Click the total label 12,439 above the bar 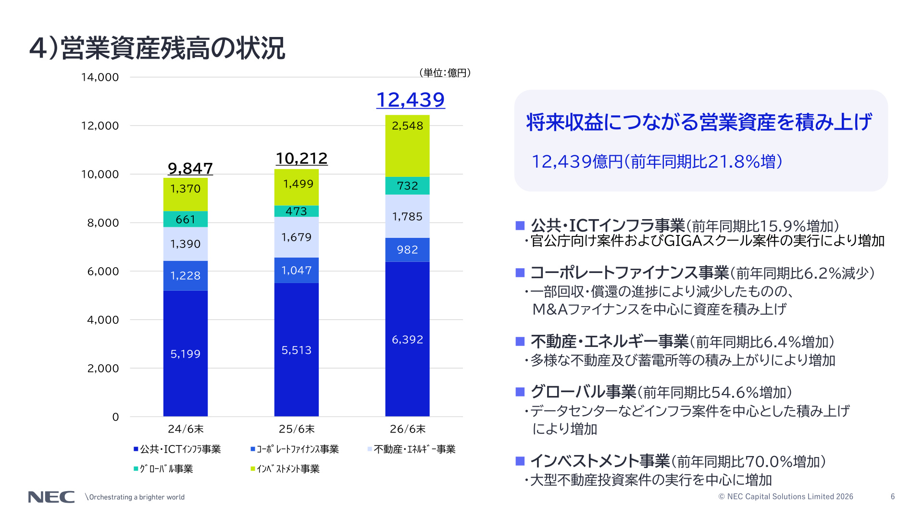pos(411,100)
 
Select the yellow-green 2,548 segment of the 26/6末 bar pos(407,146)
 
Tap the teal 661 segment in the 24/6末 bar pos(186,219)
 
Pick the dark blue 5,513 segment pos(297,350)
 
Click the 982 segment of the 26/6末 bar pos(407,250)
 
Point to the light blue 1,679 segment pos(297,237)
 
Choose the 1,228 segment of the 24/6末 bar pos(186,276)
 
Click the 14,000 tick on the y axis pos(100,77)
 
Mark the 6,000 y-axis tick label pos(103,272)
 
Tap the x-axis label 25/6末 pos(297,429)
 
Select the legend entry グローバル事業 pos(163,469)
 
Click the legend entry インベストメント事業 pos(285,469)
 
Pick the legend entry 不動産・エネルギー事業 pos(412,449)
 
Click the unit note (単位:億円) pos(445,73)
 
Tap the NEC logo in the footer pos(51,497)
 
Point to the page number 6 pos(893,496)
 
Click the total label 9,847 pos(190,168)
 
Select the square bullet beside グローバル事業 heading pos(520,392)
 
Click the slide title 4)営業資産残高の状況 pos(157,48)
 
